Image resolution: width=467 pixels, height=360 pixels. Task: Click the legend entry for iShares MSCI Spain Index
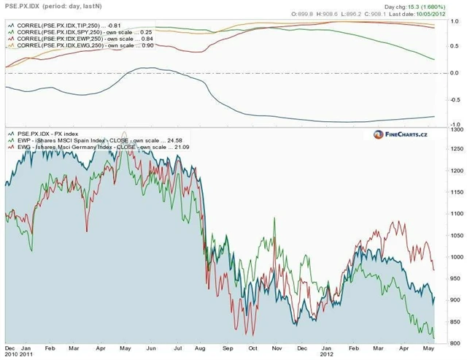95,140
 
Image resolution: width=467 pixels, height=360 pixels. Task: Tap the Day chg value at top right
425,6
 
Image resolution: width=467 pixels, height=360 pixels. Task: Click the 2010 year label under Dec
12,356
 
